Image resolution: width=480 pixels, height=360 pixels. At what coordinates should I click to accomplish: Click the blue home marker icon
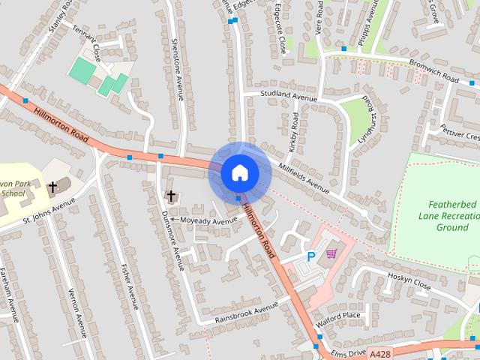tap(240, 173)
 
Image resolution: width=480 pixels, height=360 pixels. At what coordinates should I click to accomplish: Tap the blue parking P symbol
tap(311, 256)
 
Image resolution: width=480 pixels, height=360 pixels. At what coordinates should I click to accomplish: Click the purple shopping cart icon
tap(331, 254)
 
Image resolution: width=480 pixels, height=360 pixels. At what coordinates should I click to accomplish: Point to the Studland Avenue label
tap(289, 95)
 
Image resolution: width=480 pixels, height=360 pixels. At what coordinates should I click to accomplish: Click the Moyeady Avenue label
tap(208, 220)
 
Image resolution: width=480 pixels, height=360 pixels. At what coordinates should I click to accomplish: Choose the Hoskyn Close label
tap(409, 281)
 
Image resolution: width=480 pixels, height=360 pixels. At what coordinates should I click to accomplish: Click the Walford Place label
tap(338, 316)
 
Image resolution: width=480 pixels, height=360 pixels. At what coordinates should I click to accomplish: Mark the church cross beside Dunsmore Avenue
tap(171, 196)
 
